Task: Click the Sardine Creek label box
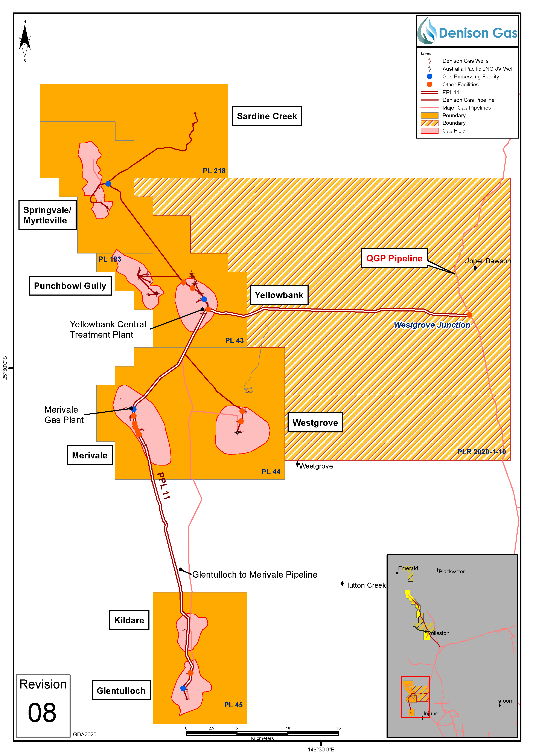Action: click(267, 116)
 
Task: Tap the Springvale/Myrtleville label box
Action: click(47, 215)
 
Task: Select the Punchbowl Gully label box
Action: click(70, 286)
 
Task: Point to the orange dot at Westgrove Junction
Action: click(469, 315)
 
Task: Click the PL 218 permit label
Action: click(214, 171)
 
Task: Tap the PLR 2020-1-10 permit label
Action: click(481, 452)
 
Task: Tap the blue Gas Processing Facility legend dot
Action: click(429, 76)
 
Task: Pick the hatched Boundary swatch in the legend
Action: click(429, 123)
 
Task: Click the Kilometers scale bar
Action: click(262, 733)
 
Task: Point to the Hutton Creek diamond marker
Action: click(342, 584)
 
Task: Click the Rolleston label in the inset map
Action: click(439, 633)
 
